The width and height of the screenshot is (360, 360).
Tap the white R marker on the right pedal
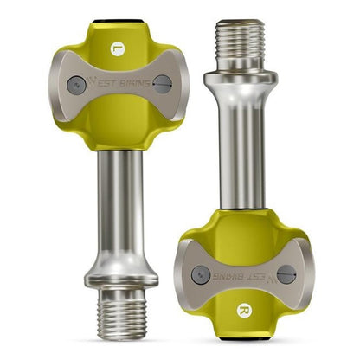point(243,310)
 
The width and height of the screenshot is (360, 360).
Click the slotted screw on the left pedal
point(162,84)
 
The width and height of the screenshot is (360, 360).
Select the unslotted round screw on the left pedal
point(77,84)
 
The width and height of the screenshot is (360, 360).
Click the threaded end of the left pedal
point(121,313)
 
